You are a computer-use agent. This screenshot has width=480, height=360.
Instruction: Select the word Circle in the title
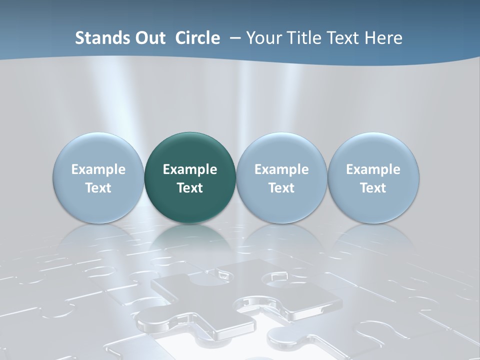(197, 38)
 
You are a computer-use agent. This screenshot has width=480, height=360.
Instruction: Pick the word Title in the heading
(303, 38)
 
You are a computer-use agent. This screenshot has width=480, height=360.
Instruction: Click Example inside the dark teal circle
(190, 169)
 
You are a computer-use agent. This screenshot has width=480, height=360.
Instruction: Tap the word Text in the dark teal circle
(190, 188)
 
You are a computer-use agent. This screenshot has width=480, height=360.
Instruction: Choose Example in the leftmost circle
(98, 169)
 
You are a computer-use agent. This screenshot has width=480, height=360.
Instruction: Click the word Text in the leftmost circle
(98, 188)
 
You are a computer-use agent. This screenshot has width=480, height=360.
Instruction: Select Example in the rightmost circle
(373, 169)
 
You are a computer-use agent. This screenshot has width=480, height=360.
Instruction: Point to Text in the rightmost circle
(373, 188)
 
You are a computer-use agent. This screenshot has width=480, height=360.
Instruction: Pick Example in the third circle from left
(281, 169)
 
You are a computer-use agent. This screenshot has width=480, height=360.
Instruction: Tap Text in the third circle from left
(281, 188)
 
